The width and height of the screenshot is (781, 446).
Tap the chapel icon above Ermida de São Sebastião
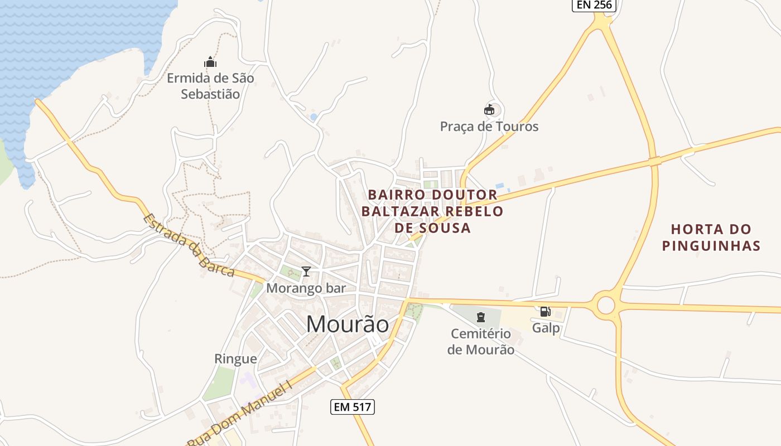click(x=210, y=62)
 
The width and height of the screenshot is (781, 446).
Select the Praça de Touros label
click(x=489, y=127)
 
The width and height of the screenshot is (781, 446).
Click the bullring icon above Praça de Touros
click(x=489, y=109)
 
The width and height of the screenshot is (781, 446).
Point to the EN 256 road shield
click(x=594, y=5)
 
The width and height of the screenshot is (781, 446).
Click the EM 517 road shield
click(x=352, y=407)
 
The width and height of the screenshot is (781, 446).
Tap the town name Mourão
click(x=348, y=324)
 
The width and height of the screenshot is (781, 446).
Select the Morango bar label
click(x=306, y=288)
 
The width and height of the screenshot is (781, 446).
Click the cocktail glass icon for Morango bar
click(x=306, y=272)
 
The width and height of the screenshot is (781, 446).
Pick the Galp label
click(x=546, y=328)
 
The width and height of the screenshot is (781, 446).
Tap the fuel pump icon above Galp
click(x=545, y=312)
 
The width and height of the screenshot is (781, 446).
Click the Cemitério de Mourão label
click(x=480, y=342)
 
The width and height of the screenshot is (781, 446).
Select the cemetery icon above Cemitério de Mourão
click(x=480, y=318)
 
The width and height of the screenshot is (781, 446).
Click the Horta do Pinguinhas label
click(x=711, y=237)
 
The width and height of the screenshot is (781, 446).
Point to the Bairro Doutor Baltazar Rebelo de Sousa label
click(x=432, y=211)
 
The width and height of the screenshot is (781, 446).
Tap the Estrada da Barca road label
click(x=189, y=245)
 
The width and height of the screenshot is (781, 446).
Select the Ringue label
click(x=235, y=359)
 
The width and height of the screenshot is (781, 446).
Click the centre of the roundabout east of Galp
click(x=605, y=305)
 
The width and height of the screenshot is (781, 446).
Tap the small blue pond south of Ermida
click(x=314, y=117)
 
